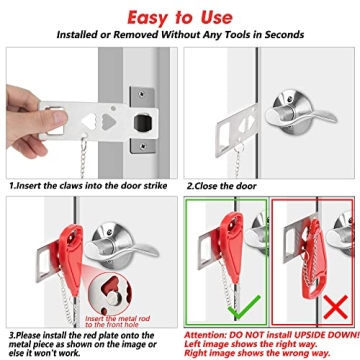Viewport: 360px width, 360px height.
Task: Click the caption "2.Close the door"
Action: [231, 185]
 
